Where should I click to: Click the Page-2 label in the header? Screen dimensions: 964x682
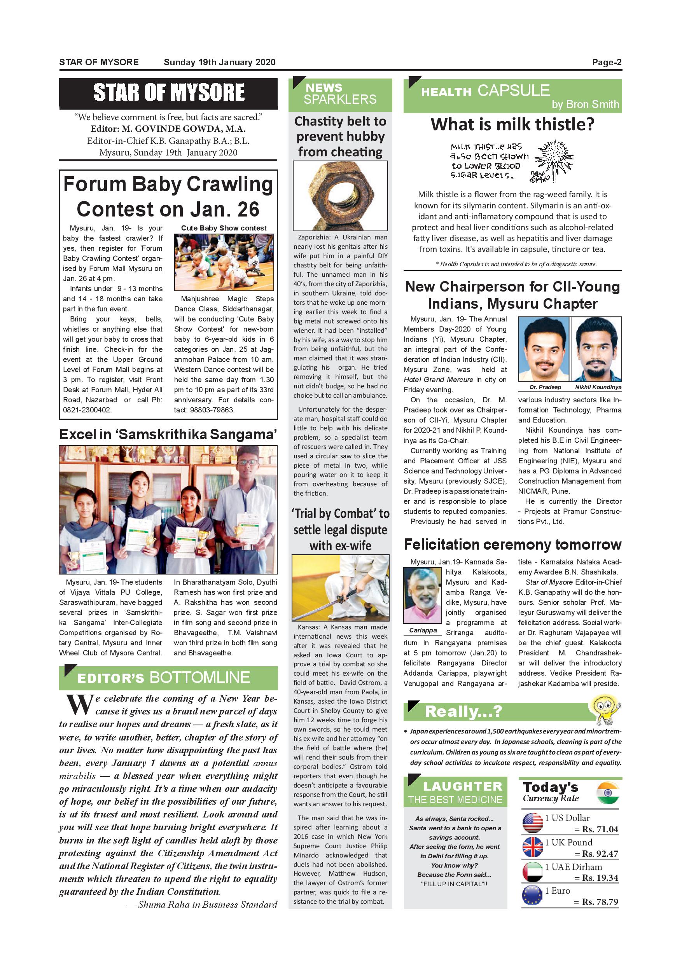point(607,63)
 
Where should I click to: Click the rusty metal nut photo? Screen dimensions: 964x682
point(340,196)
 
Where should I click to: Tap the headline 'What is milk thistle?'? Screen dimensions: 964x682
point(512,124)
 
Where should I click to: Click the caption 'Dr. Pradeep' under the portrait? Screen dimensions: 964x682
point(545,387)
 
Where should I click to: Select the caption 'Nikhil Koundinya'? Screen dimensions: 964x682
point(598,387)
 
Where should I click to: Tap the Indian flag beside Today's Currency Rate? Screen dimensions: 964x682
point(607,793)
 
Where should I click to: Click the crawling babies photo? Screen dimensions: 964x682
point(224,262)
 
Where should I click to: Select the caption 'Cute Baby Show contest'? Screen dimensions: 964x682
point(224,228)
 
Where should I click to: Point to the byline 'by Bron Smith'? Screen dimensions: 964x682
point(585,104)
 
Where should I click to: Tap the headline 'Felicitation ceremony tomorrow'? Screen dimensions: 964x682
point(512,545)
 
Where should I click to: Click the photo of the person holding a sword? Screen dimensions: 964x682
point(340,588)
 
